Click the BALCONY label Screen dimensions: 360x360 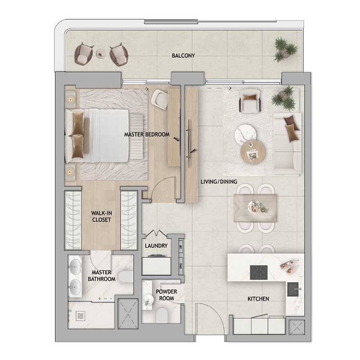tap(183, 55)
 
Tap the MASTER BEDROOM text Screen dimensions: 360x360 tap(147, 135)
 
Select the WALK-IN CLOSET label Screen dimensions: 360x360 tap(102, 216)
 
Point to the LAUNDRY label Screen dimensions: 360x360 tap(156, 246)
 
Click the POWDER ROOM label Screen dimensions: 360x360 tap(166, 295)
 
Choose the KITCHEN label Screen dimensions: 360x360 tap(258, 299)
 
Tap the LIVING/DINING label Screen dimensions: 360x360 tap(219, 182)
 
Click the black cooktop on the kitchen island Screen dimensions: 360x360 tap(259, 273)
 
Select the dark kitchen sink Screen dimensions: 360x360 tap(293, 289)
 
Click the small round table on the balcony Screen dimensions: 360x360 tap(100, 54)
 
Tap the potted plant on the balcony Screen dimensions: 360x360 tap(285, 49)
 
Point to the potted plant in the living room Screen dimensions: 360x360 tap(283, 98)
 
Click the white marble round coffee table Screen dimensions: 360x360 tap(245, 135)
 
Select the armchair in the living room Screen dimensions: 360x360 tap(250, 101)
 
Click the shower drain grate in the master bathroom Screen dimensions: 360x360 tap(81, 316)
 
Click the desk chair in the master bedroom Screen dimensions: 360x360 tap(159, 99)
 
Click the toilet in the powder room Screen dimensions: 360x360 tap(162, 315)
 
